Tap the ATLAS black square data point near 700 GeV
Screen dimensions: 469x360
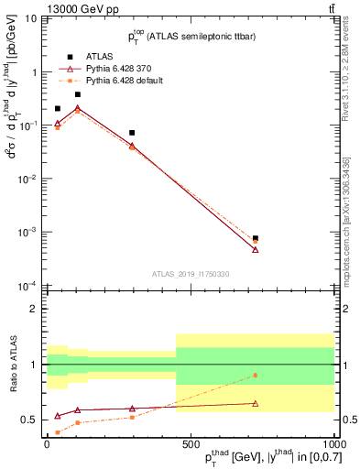(256, 238)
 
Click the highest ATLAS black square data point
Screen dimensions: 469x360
(78, 94)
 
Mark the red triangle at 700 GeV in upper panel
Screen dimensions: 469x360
(256, 249)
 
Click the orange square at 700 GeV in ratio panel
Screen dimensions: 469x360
(256, 375)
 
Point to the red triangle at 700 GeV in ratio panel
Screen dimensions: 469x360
(256, 403)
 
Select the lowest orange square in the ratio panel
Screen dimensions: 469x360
(58, 432)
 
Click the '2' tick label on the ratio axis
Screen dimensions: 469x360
(36, 310)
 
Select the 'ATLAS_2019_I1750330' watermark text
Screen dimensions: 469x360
(191, 274)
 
